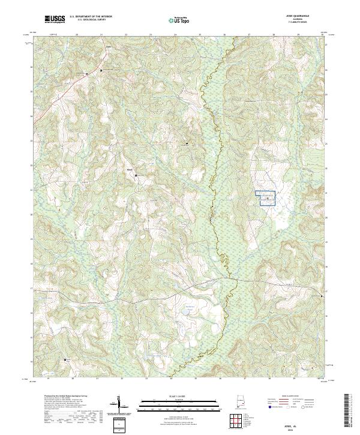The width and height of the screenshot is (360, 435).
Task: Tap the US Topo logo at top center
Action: pyautogui.click(x=177, y=20)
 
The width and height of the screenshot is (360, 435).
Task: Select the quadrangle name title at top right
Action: pyautogui.click(x=298, y=16)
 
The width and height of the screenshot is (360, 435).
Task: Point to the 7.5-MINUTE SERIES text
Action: pyautogui.click(x=298, y=22)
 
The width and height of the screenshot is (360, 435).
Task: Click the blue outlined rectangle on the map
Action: pyautogui.click(x=266, y=199)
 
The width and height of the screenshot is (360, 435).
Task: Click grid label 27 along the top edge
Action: pyautogui.click(x=248, y=35)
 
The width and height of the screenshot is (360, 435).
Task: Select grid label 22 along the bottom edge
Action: pyautogui.click(x=122, y=379)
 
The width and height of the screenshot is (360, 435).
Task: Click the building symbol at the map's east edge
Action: pyautogui.click(x=322, y=296)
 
